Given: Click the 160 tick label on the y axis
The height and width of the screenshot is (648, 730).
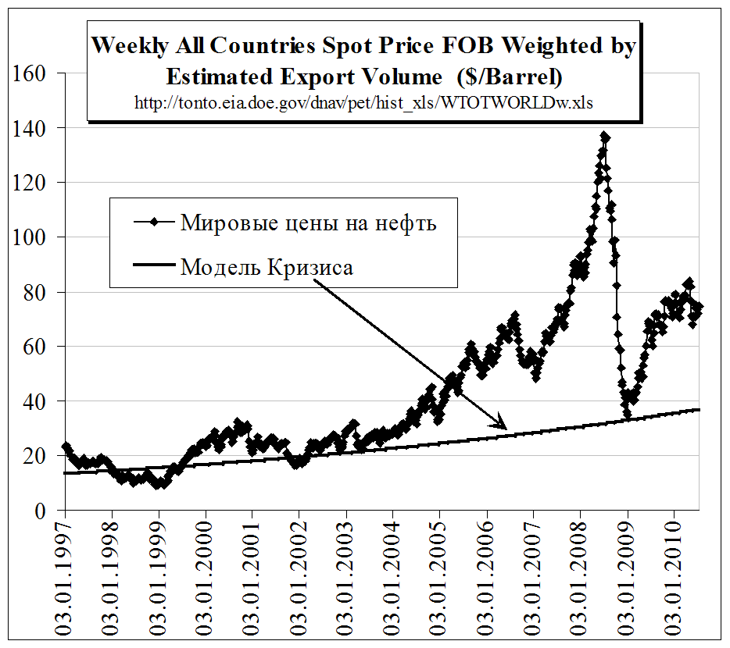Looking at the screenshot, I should pos(30,74).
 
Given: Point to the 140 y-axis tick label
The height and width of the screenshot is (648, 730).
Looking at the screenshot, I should pos(30,128).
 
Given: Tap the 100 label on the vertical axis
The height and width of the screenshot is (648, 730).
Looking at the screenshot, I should pos(30,237).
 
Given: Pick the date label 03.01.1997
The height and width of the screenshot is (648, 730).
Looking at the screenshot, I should pos(66,579).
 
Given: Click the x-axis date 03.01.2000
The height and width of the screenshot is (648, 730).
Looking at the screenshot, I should pos(206,579).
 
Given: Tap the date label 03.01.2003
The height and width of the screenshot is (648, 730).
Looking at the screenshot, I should pos(346,579).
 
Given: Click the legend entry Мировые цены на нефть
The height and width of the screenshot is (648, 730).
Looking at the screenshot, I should pos(308,223).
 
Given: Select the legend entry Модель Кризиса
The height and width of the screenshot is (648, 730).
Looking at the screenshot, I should pos(267,268).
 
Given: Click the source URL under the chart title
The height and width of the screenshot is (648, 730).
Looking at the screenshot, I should pos(363,102).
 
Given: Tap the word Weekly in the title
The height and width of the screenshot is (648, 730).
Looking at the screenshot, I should pos(129,45).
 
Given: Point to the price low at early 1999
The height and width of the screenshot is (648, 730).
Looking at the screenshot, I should pos(159,484).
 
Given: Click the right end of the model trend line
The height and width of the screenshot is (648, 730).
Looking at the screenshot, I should pos(699,410).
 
